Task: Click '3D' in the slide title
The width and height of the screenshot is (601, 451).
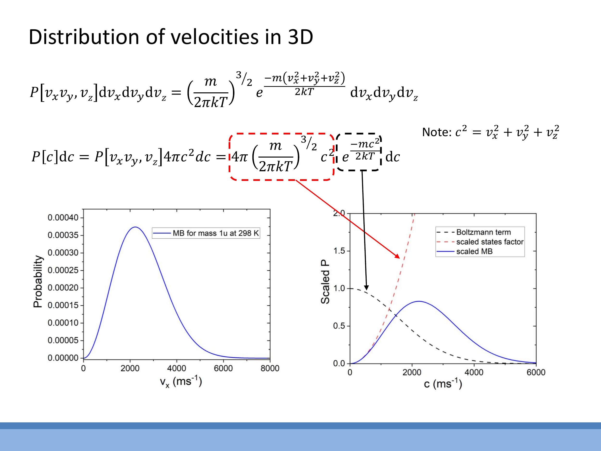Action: pyautogui.click(x=300, y=37)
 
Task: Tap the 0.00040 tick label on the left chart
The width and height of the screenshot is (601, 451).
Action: pyautogui.click(x=63, y=217)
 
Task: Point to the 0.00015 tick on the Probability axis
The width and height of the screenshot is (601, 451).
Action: pyautogui.click(x=63, y=305)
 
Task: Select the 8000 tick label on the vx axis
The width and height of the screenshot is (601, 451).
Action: pyautogui.click(x=270, y=368)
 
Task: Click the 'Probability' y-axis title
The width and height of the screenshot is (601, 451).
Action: pyautogui.click(x=38, y=281)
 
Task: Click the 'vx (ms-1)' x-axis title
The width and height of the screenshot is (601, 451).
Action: pyautogui.click(x=181, y=382)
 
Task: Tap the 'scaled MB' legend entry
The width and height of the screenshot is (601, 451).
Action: pyautogui.click(x=474, y=251)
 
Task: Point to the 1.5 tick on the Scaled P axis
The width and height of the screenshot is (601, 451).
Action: pyautogui.click(x=339, y=251)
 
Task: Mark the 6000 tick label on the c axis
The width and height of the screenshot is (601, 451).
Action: pyautogui.click(x=536, y=372)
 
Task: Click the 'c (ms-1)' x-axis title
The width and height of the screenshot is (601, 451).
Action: pyautogui.click(x=443, y=384)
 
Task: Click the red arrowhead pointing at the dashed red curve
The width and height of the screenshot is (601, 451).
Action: pyautogui.click(x=397, y=256)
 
